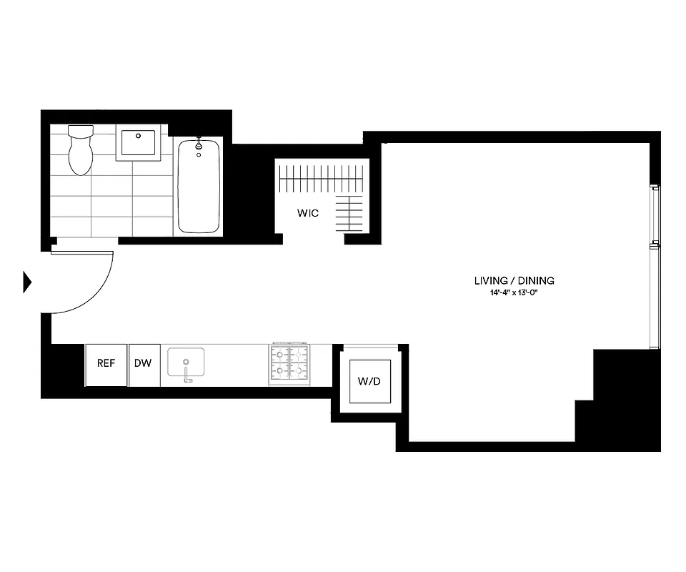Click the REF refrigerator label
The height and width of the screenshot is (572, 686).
(x=106, y=363)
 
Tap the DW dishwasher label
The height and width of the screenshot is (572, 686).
(x=143, y=363)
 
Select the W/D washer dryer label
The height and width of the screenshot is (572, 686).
(x=369, y=381)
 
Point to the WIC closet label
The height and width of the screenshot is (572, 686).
(x=308, y=213)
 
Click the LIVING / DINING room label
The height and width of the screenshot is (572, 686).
(x=514, y=281)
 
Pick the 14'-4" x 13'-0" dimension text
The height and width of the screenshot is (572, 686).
(x=514, y=293)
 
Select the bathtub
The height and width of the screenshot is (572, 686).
(x=198, y=187)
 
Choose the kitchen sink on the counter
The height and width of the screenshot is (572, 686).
(x=186, y=361)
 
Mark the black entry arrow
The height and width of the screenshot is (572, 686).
(x=27, y=282)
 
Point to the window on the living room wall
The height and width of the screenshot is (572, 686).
(x=653, y=267)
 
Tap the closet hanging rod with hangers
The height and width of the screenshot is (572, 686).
(x=322, y=177)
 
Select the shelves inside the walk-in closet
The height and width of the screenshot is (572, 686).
(x=350, y=213)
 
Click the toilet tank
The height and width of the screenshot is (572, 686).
(x=80, y=132)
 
